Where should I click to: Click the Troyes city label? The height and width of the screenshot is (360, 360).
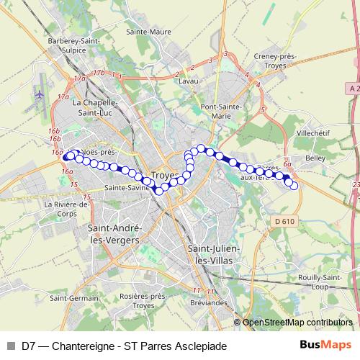click(x=166, y=176)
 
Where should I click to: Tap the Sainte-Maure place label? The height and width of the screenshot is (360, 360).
click(x=148, y=32)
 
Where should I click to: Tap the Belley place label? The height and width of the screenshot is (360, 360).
click(x=315, y=156)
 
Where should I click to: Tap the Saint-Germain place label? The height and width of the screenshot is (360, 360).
click(x=75, y=297)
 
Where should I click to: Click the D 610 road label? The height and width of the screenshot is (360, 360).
click(x=286, y=220)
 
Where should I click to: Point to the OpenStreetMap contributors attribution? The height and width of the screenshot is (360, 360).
click(x=297, y=322)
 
